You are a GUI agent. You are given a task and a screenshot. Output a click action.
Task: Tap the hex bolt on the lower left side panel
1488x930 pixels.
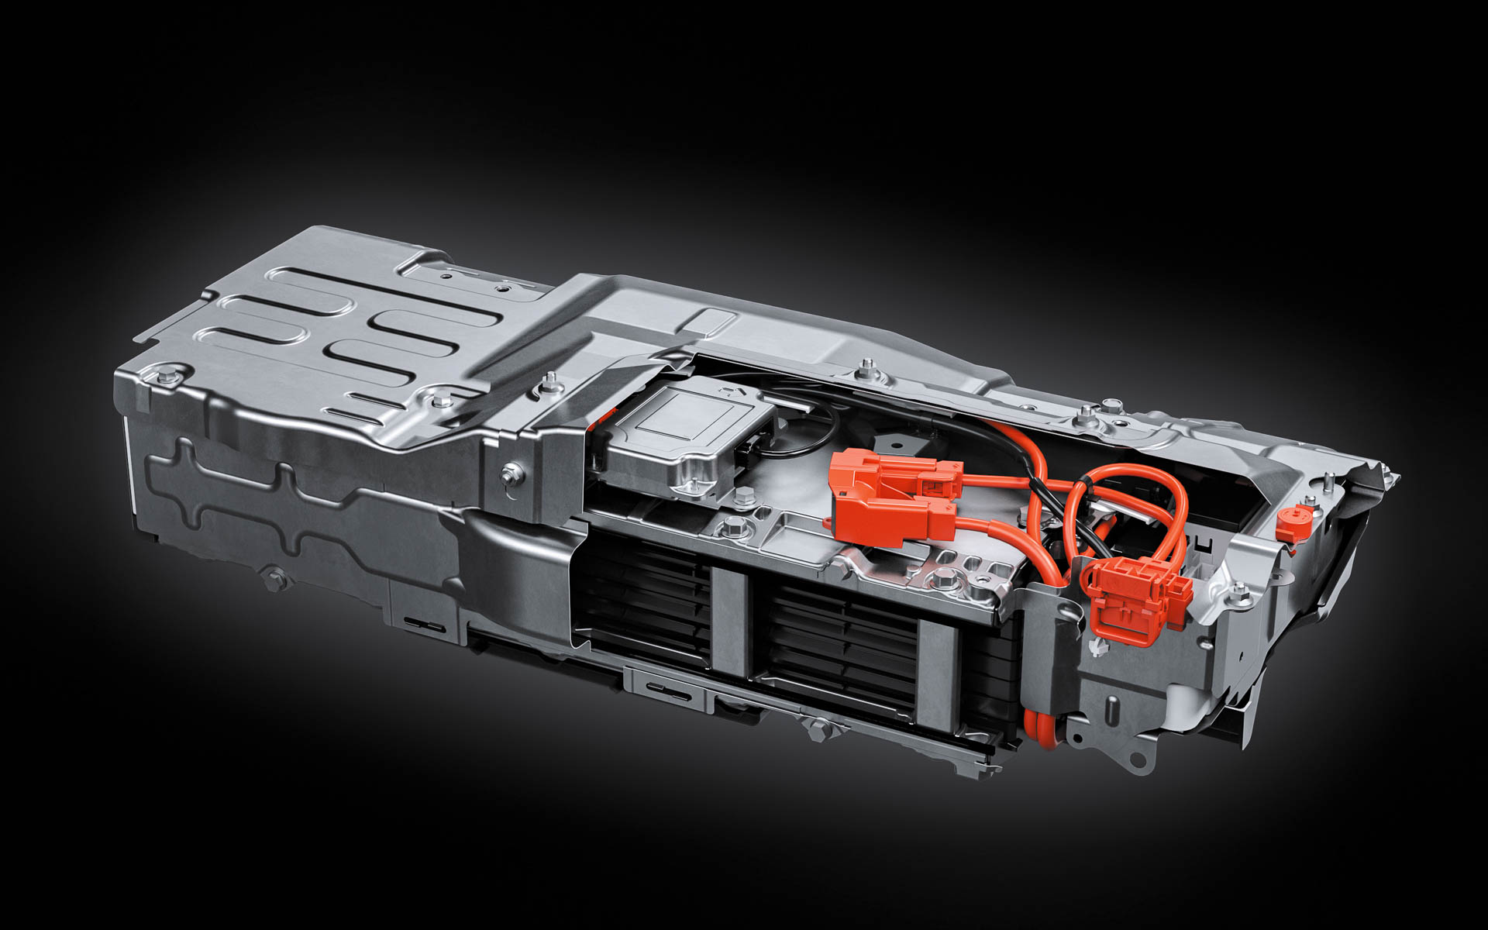pyautogui.click(x=273, y=575)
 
